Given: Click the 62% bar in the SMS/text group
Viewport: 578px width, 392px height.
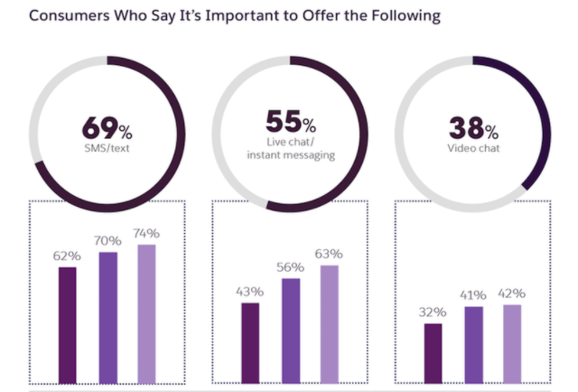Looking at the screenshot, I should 68,325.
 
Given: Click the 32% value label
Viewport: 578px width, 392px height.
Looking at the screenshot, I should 433,313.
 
